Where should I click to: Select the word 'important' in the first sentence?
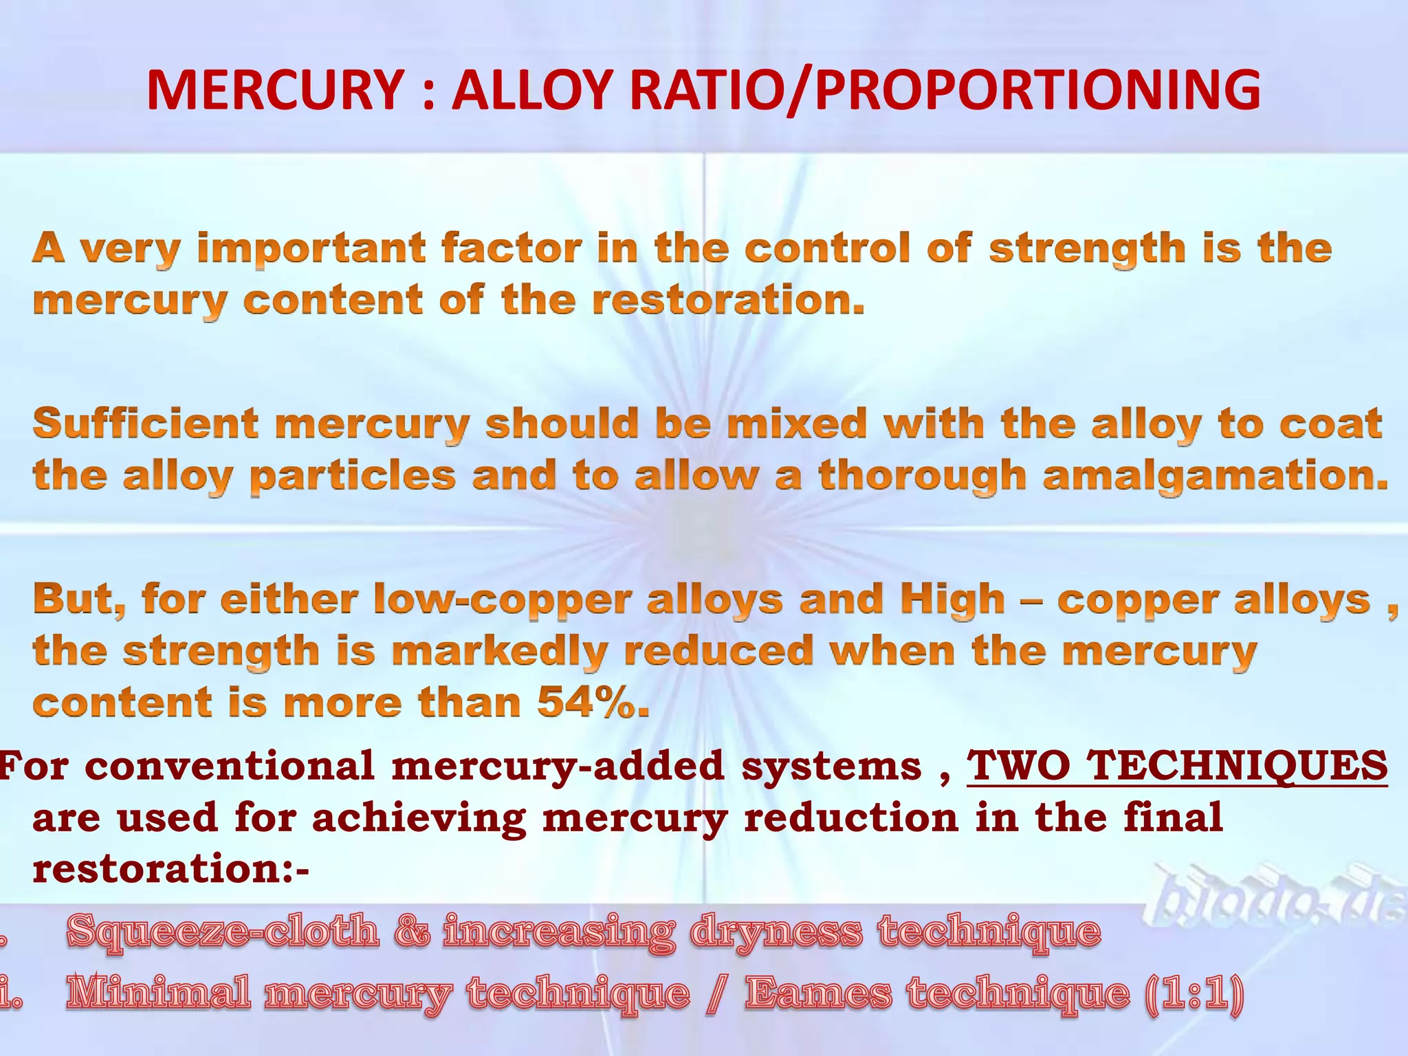point(311,249)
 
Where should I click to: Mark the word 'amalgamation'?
point(1215,476)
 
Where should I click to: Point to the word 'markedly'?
point(499,651)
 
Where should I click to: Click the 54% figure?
point(592,703)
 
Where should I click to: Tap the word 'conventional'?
point(231,765)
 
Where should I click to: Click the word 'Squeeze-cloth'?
point(223,932)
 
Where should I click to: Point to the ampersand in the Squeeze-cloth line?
point(411,932)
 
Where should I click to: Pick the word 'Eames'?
point(818,993)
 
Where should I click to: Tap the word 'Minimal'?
point(158,993)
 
